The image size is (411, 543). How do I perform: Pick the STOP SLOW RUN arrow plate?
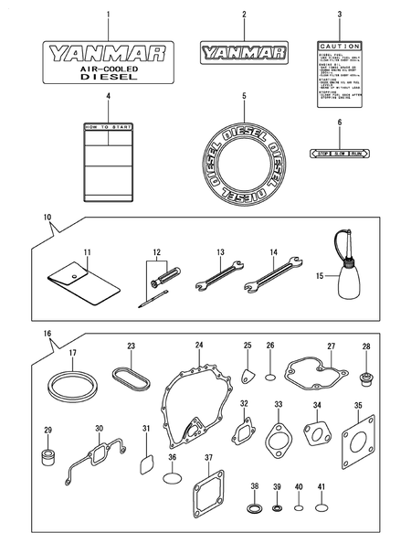point(339,154)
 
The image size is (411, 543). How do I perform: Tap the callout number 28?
point(365,346)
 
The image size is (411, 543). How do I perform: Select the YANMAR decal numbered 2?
point(244,52)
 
